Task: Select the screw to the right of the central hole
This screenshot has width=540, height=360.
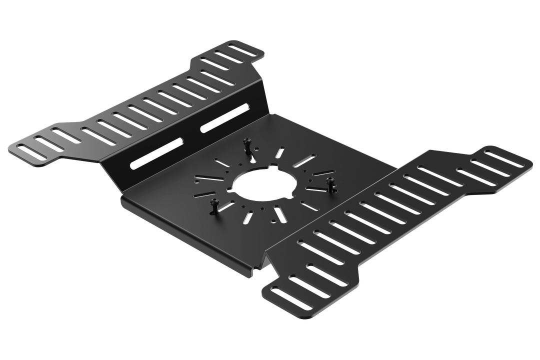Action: [330, 180]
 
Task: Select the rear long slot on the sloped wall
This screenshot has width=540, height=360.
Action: [225, 118]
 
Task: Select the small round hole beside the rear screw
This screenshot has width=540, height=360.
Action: [256, 149]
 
